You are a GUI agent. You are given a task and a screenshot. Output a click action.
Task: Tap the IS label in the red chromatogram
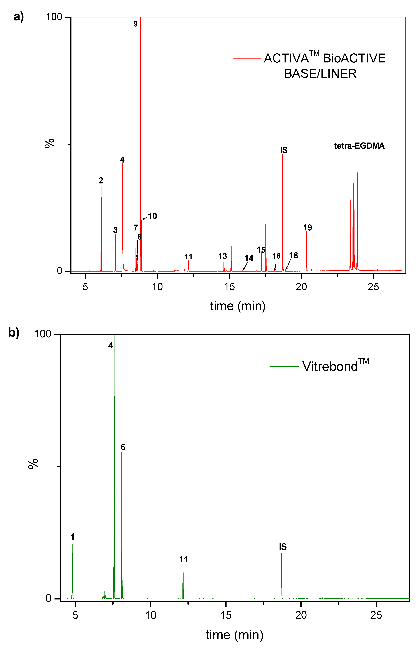click(x=284, y=150)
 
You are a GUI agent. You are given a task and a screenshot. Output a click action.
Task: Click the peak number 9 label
click(x=135, y=24)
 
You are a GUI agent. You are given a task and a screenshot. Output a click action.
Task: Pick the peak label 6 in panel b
click(x=123, y=447)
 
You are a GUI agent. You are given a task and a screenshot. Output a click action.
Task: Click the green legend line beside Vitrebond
click(x=284, y=367)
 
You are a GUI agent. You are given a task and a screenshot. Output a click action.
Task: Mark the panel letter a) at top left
click(x=18, y=17)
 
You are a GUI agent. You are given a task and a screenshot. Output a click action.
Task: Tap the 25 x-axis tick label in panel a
click(x=373, y=286)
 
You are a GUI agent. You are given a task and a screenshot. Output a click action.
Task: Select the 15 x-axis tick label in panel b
click(x=226, y=615)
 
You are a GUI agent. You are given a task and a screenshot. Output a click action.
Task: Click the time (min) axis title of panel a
click(x=238, y=306)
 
